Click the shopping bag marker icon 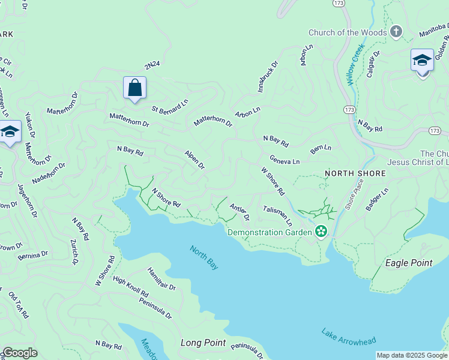click(x=135, y=88)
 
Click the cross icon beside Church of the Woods click(x=396, y=32)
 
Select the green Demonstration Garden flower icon click(x=321, y=232)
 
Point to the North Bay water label click(x=204, y=257)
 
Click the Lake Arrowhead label click(x=348, y=337)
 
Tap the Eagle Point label click(x=408, y=263)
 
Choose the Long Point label click(x=203, y=343)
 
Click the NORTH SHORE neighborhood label click(x=355, y=173)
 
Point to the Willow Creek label click(x=356, y=63)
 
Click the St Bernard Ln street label click(x=170, y=103)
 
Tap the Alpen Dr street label click(x=195, y=160)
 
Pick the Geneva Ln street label click(x=285, y=161)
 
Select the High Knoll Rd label click(x=130, y=287)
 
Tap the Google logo click(x=20, y=353)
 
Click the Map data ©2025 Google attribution click(x=411, y=355)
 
